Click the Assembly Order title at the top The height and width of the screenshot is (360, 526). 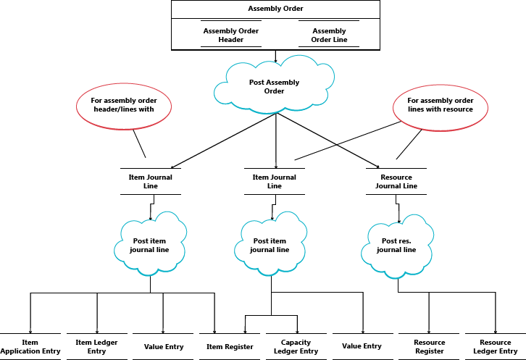275,9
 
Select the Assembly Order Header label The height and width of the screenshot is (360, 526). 230,35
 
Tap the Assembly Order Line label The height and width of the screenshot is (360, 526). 328,35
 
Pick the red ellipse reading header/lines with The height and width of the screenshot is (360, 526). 123,105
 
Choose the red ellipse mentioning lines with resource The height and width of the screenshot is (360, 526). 440,105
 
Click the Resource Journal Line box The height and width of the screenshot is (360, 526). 396,181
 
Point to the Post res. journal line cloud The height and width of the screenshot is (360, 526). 398,246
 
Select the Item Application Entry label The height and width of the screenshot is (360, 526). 30,346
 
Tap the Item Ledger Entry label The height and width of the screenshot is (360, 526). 96,346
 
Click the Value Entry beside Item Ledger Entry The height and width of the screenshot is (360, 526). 164,347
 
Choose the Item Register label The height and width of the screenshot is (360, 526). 230,347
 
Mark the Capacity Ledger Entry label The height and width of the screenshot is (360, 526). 296,346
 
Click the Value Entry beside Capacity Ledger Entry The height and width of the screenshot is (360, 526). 362,347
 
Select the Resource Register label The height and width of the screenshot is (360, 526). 429,346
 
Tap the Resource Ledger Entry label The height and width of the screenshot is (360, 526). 495,346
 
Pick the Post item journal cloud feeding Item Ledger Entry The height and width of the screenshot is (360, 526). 150,246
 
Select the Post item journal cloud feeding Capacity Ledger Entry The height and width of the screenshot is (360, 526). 270,246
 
